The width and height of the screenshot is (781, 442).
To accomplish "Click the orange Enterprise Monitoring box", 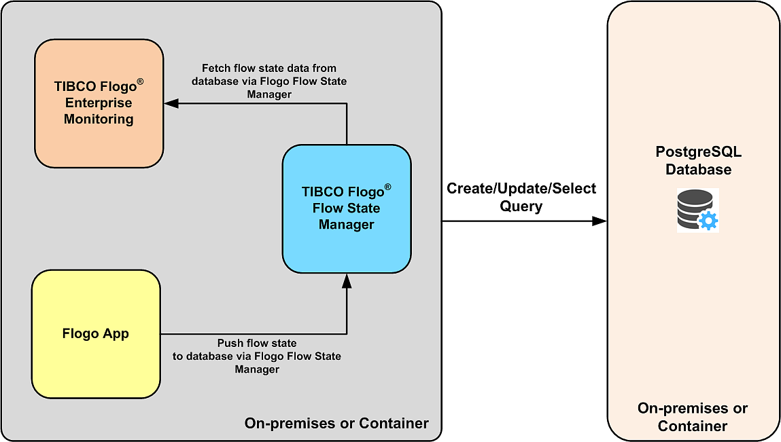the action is [99, 103].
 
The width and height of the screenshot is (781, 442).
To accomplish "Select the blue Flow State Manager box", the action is [347, 208].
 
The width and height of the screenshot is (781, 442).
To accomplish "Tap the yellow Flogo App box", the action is [96, 334].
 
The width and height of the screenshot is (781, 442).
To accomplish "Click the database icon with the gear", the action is [697, 210].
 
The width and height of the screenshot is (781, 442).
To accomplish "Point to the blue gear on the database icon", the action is [708, 220].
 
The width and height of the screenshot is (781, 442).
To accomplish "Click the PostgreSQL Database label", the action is [698, 160].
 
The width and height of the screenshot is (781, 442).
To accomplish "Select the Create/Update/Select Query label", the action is [521, 197].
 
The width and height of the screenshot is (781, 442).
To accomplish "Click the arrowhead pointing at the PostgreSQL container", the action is [600, 221].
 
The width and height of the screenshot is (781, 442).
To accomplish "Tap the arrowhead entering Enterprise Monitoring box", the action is [171, 103].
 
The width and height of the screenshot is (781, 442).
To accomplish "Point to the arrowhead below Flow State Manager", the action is [347, 280].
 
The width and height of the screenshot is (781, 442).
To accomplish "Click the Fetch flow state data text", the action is [269, 81].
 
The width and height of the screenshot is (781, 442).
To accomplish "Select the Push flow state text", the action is [257, 356].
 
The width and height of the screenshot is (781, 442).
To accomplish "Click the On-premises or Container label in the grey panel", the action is [336, 423].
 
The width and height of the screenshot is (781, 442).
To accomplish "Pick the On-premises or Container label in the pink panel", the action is [693, 417].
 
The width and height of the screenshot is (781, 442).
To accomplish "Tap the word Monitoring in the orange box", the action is [99, 119].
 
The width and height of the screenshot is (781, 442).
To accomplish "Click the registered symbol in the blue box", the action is [387, 187].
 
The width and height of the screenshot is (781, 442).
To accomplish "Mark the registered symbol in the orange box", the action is [140, 82].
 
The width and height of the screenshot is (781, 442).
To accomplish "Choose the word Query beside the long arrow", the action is [521, 206].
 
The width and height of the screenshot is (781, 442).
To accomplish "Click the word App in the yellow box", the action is [116, 334].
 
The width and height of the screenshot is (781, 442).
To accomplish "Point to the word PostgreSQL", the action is [698, 152].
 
